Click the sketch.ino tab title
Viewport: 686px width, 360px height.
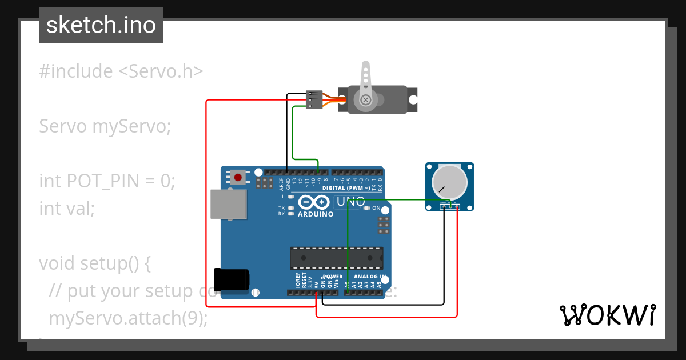tap(101, 25)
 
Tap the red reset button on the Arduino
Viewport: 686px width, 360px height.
tap(238, 177)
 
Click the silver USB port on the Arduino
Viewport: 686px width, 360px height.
tap(229, 204)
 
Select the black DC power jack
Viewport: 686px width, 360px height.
tap(231, 278)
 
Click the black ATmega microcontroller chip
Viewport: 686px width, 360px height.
tap(336, 258)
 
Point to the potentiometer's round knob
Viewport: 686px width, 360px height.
tap(449, 182)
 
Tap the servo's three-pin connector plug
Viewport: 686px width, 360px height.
tap(314, 99)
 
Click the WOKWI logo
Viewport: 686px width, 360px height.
tap(607, 315)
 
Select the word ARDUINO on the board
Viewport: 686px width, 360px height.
tap(316, 214)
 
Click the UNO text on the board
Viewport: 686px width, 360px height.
tap(350, 202)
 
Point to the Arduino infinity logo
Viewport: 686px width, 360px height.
tap(313, 202)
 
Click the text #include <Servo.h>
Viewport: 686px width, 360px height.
tap(121, 71)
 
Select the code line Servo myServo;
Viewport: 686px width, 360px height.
tap(105, 126)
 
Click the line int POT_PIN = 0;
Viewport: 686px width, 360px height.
tap(107, 181)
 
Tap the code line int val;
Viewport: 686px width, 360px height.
tap(67, 208)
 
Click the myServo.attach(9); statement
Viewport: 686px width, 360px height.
tap(128, 318)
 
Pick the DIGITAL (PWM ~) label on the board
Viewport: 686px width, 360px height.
tap(345, 188)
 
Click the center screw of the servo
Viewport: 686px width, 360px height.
tap(365, 101)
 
